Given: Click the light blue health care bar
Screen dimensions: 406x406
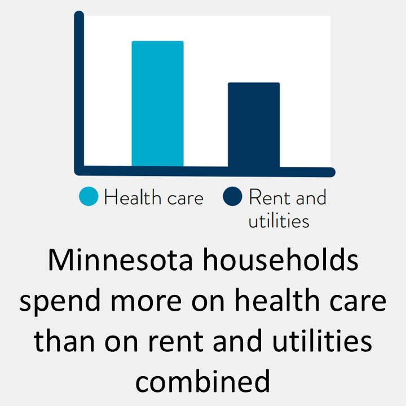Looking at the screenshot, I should [157, 104].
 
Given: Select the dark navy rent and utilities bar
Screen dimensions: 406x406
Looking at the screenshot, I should [253, 125].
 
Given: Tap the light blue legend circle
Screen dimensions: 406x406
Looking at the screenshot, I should [89, 197].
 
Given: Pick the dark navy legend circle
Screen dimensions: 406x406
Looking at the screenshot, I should [232, 197].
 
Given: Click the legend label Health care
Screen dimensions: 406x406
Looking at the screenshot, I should [153, 197].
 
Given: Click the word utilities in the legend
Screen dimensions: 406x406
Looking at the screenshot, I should [279, 220].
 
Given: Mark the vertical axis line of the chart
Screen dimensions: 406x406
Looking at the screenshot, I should [79, 90].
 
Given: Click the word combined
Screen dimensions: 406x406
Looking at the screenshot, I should [203, 381].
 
